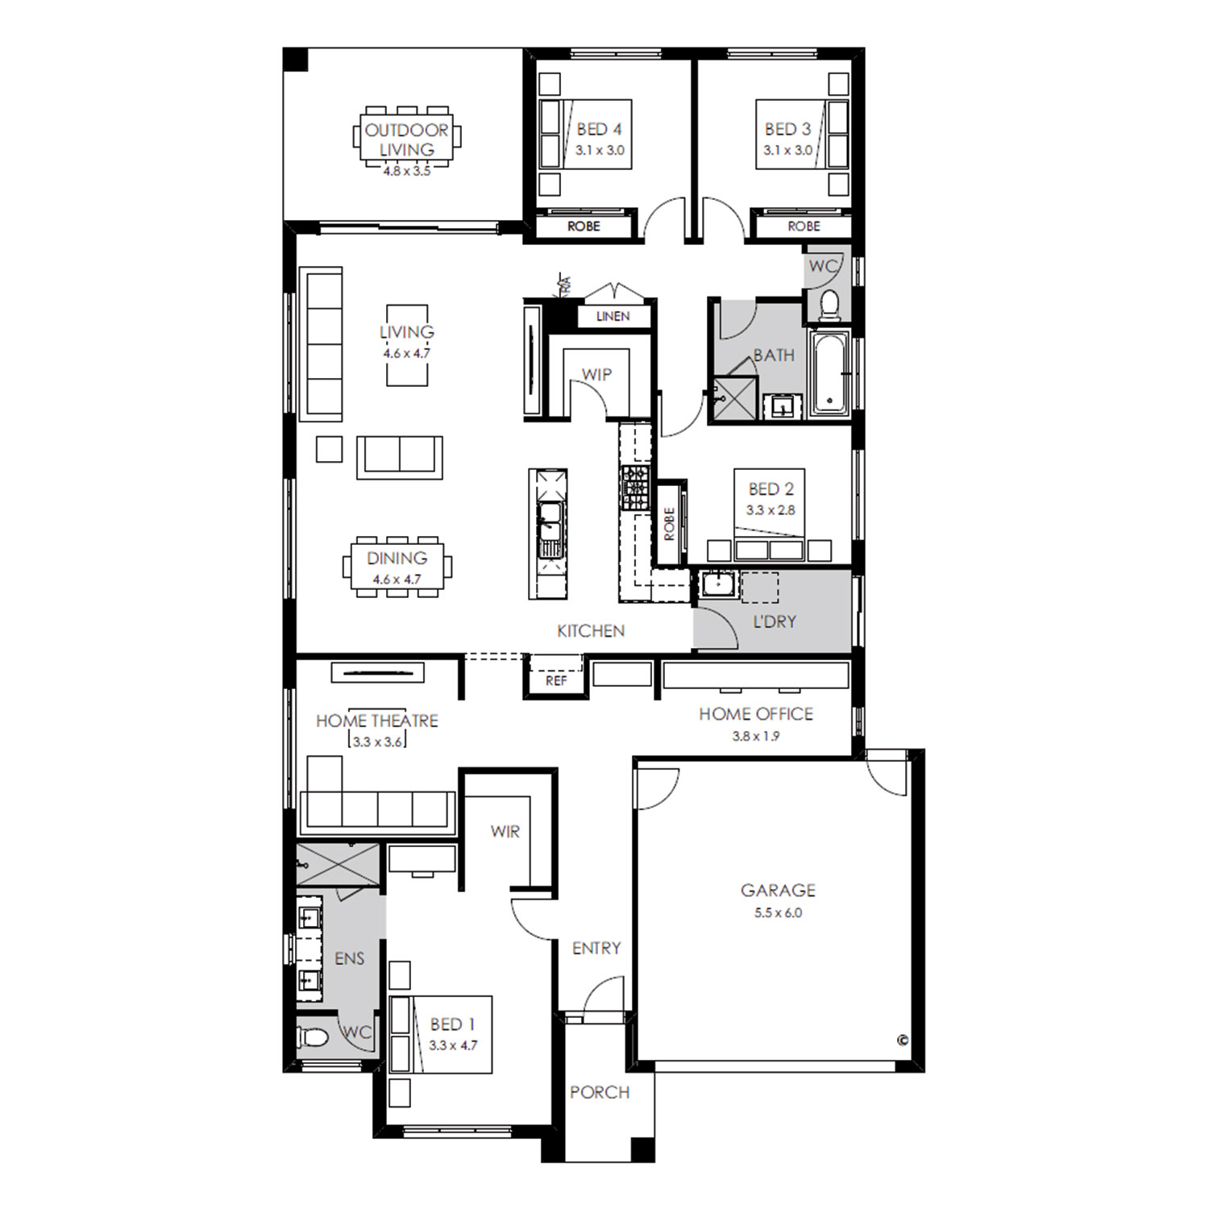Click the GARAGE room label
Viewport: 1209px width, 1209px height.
pyautogui.click(x=778, y=891)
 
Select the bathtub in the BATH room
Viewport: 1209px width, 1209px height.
pyautogui.click(x=829, y=372)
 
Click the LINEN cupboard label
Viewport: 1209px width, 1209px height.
pyautogui.click(x=613, y=317)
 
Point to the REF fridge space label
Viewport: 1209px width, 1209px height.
pyautogui.click(x=556, y=681)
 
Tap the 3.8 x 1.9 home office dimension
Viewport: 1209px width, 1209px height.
pyautogui.click(x=756, y=736)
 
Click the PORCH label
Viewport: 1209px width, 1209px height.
pyautogui.click(x=600, y=1092)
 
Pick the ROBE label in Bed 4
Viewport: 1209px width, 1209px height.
pyautogui.click(x=584, y=226)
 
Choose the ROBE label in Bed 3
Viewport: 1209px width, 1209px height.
pyautogui.click(x=804, y=226)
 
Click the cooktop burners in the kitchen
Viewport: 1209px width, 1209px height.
pyautogui.click(x=634, y=488)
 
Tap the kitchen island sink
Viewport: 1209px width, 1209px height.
pyautogui.click(x=549, y=520)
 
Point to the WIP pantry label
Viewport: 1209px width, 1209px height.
pyautogui.click(x=596, y=375)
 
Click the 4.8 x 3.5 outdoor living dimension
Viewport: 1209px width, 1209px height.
pyautogui.click(x=407, y=172)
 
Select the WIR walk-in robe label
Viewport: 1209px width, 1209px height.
pyautogui.click(x=505, y=832)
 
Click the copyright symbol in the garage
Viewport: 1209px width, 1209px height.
pyautogui.click(x=903, y=1040)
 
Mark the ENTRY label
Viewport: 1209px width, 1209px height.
pyautogui.click(x=596, y=949)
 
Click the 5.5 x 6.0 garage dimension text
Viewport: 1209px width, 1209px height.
pyautogui.click(x=778, y=913)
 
